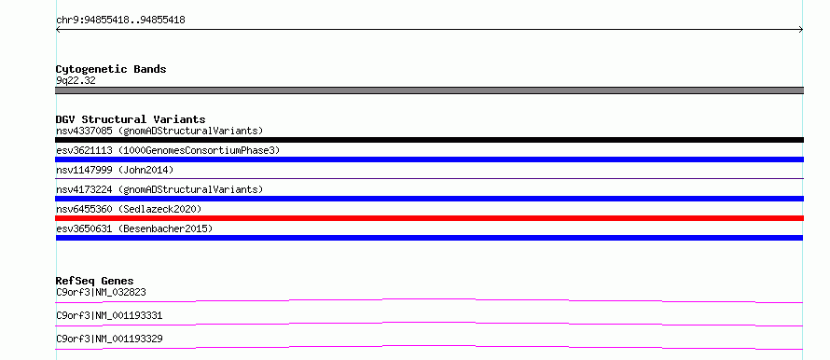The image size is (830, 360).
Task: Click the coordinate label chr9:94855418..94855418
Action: [120, 21]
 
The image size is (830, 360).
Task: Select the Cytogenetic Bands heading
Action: [111, 69]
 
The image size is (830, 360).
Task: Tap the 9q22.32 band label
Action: [76, 81]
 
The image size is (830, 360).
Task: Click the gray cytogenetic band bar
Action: [429, 90]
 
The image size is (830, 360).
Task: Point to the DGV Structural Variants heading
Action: [131, 119]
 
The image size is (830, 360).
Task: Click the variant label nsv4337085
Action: [84, 131]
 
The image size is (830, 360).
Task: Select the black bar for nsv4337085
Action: [429, 140]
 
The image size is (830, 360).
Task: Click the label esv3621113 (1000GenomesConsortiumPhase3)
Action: [168, 150]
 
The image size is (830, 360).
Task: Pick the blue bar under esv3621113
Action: [429, 159]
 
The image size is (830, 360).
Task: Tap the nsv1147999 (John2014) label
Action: [115, 170]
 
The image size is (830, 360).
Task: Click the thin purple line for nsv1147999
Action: [429, 179]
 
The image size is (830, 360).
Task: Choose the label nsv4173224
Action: [84, 189]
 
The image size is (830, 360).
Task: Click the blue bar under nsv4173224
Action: [429, 199]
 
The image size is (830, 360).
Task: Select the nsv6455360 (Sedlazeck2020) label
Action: [129, 209]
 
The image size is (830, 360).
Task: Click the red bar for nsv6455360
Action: [429, 218]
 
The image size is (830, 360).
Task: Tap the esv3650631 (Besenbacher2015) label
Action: [134, 228]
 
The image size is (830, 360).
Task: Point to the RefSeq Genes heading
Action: [95, 281]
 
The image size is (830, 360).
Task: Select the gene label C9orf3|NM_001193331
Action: [109, 316]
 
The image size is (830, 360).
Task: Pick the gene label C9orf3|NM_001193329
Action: [109, 339]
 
